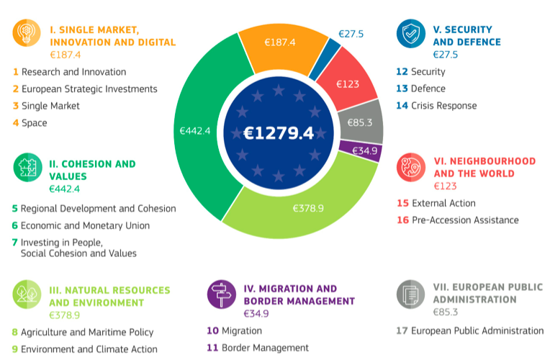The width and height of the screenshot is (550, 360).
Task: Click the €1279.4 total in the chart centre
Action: [279, 133]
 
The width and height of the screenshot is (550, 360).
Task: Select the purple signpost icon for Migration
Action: [220, 294]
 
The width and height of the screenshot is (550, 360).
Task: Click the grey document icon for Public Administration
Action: [410, 294]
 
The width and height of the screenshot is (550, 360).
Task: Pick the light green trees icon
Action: [27, 294]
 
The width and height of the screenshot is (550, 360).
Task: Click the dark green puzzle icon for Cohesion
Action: [27, 168]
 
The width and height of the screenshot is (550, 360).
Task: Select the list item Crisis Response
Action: [443, 106]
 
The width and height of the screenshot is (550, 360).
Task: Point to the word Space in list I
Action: [34, 123]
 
